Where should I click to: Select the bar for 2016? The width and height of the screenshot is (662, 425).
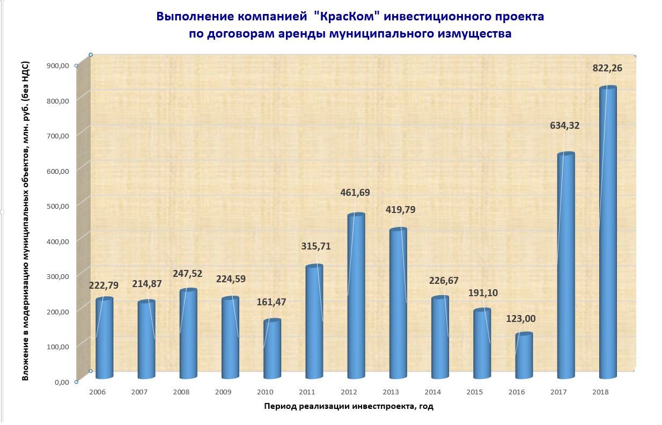(x=524, y=355)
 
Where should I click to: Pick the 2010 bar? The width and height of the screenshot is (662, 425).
(x=272, y=349)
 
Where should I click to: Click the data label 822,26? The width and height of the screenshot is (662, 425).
(x=607, y=68)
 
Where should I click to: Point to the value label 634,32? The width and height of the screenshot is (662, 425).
(x=565, y=126)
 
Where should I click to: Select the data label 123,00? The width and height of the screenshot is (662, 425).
(x=521, y=319)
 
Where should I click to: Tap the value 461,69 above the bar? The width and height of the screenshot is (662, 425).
(x=355, y=193)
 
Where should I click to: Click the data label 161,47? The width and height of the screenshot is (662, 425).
(x=271, y=302)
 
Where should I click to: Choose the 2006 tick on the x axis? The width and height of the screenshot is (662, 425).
(x=98, y=392)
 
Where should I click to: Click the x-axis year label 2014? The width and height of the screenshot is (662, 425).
(x=433, y=392)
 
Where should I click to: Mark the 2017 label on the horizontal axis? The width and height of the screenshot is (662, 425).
(x=558, y=392)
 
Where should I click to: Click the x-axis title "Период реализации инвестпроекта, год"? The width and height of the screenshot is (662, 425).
(x=349, y=406)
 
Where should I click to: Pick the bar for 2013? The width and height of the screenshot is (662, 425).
(x=398, y=303)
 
